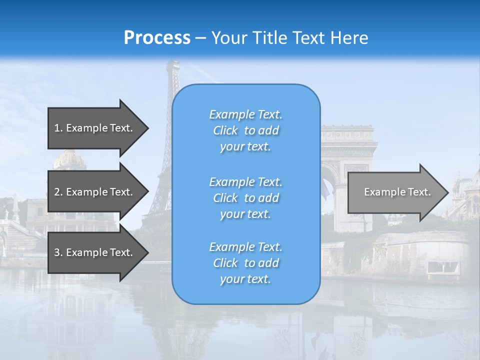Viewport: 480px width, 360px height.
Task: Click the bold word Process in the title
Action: coord(157,38)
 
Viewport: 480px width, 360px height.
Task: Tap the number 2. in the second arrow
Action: coord(58,192)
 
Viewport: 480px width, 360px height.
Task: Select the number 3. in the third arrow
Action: coord(58,252)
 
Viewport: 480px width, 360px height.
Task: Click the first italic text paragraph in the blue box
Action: coord(245,130)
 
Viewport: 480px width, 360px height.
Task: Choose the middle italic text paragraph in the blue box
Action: coord(245,198)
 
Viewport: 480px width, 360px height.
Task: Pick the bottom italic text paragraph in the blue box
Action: coord(245,263)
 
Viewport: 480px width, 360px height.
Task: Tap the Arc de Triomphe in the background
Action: coord(348,150)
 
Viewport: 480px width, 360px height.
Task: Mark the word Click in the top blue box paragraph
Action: coord(225,130)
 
